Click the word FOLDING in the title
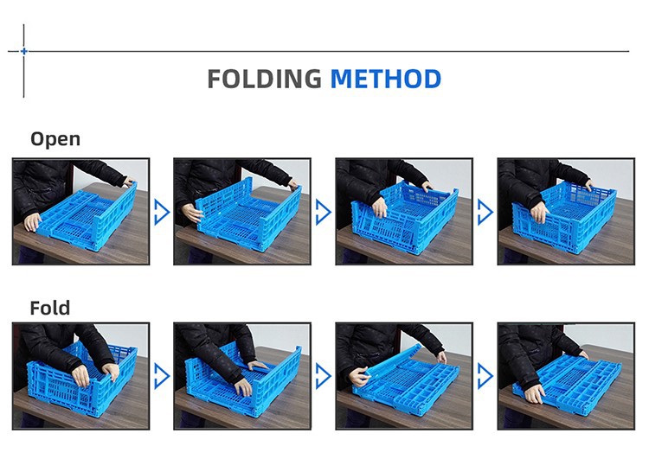pyautogui.click(x=264, y=79)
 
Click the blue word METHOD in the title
pyautogui.click(x=386, y=79)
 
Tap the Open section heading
pyautogui.click(x=55, y=139)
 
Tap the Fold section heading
pyautogui.click(x=50, y=308)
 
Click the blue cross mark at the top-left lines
pyautogui.click(x=24, y=51)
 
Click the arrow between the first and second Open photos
pyautogui.click(x=162, y=212)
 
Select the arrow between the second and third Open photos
pyautogui.click(x=324, y=212)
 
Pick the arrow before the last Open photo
pyautogui.click(x=485, y=212)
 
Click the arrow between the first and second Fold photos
pyautogui.click(x=162, y=376)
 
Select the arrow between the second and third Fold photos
pyautogui.click(x=324, y=376)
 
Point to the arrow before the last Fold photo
pyautogui.click(x=485, y=376)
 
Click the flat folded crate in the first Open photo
pyautogui.click(x=87, y=216)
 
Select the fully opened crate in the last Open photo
pyautogui.click(x=565, y=217)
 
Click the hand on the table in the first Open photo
pyautogui.click(x=32, y=222)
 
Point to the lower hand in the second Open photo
pyautogui.click(x=192, y=213)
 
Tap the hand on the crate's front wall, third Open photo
pyautogui.click(x=379, y=207)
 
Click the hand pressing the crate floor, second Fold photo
pyautogui.click(x=243, y=387)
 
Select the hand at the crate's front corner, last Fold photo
pyautogui.click(x=534, y=393)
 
